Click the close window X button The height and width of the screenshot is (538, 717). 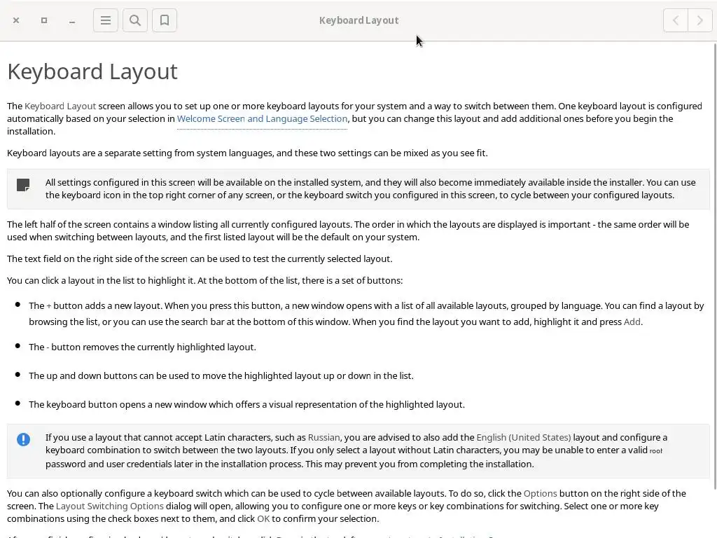click(x=16, y=20)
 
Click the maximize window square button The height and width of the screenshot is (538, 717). click(x=44, y=20)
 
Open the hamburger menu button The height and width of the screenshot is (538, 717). click(x=106, y=20)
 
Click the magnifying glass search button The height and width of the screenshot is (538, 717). click(x=135, y=20)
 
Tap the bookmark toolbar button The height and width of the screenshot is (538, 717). click(x=165, y=20)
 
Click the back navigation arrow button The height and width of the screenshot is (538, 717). click(x=676, y=20)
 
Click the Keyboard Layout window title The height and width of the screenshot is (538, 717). click(x=358, y=20)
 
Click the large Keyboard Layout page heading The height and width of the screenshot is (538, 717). click(x=92, y=71)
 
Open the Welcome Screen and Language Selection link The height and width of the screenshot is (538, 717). click(x=262, y=119)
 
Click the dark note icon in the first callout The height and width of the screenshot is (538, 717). click(x=23, y=185)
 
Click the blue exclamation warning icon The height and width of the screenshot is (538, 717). click(x=23, y=439)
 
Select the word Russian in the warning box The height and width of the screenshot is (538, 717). click(x=323, y=438)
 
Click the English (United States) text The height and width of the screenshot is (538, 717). click(x=523, y=438)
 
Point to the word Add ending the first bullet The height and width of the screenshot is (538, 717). click(x=632, y=322)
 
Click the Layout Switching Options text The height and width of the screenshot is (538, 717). click(x=110, y=506)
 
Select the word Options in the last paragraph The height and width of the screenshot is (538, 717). click(x=540, y=494)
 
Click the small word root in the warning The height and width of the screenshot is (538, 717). click(x=655, y=451)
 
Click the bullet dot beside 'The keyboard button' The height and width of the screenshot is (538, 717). click(x=18, y=403)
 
